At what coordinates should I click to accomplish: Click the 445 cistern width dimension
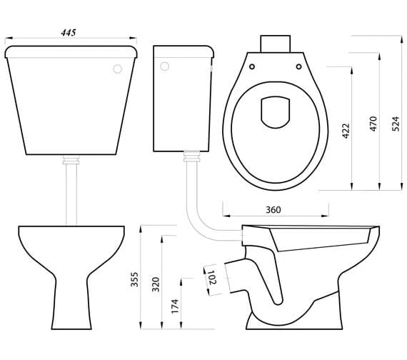point(69,33)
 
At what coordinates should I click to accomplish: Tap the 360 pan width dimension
point(273,209)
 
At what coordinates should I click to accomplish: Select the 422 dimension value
point(346,131)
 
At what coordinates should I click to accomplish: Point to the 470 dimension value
point(373,124)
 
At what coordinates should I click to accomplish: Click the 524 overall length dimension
point(396,124)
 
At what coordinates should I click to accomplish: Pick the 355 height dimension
point(134,279)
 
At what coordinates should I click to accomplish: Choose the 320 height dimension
point(156,285)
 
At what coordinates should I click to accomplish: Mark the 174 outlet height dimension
point(175,306)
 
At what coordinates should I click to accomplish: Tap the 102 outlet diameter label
point(212,277)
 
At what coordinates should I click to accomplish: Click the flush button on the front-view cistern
point(118,69)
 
